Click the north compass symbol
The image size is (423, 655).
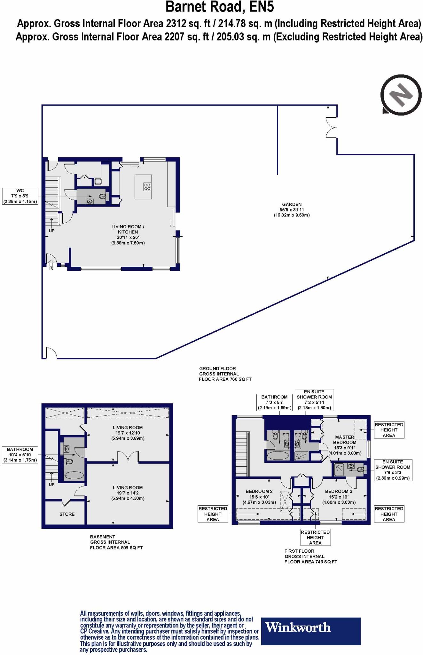[401, 95]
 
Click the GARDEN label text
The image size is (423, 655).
[292, 204]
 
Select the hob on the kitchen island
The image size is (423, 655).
[147, 186]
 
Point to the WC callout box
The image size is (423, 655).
[20, 196]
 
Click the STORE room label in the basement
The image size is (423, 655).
[67, 514]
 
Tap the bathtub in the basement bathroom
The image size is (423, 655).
[74, 476]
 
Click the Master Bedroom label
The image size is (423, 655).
[345, 440]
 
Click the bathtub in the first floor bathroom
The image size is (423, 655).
[278, 455]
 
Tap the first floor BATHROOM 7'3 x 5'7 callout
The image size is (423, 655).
[274, 402]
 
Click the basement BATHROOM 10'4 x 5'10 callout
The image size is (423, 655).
[20, 455]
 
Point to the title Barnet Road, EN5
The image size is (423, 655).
[220, 7]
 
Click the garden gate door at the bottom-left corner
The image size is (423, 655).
[51, 353]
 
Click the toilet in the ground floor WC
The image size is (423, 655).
[102, 197]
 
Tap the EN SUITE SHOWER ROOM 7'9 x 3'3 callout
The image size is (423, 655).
[393, 470]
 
